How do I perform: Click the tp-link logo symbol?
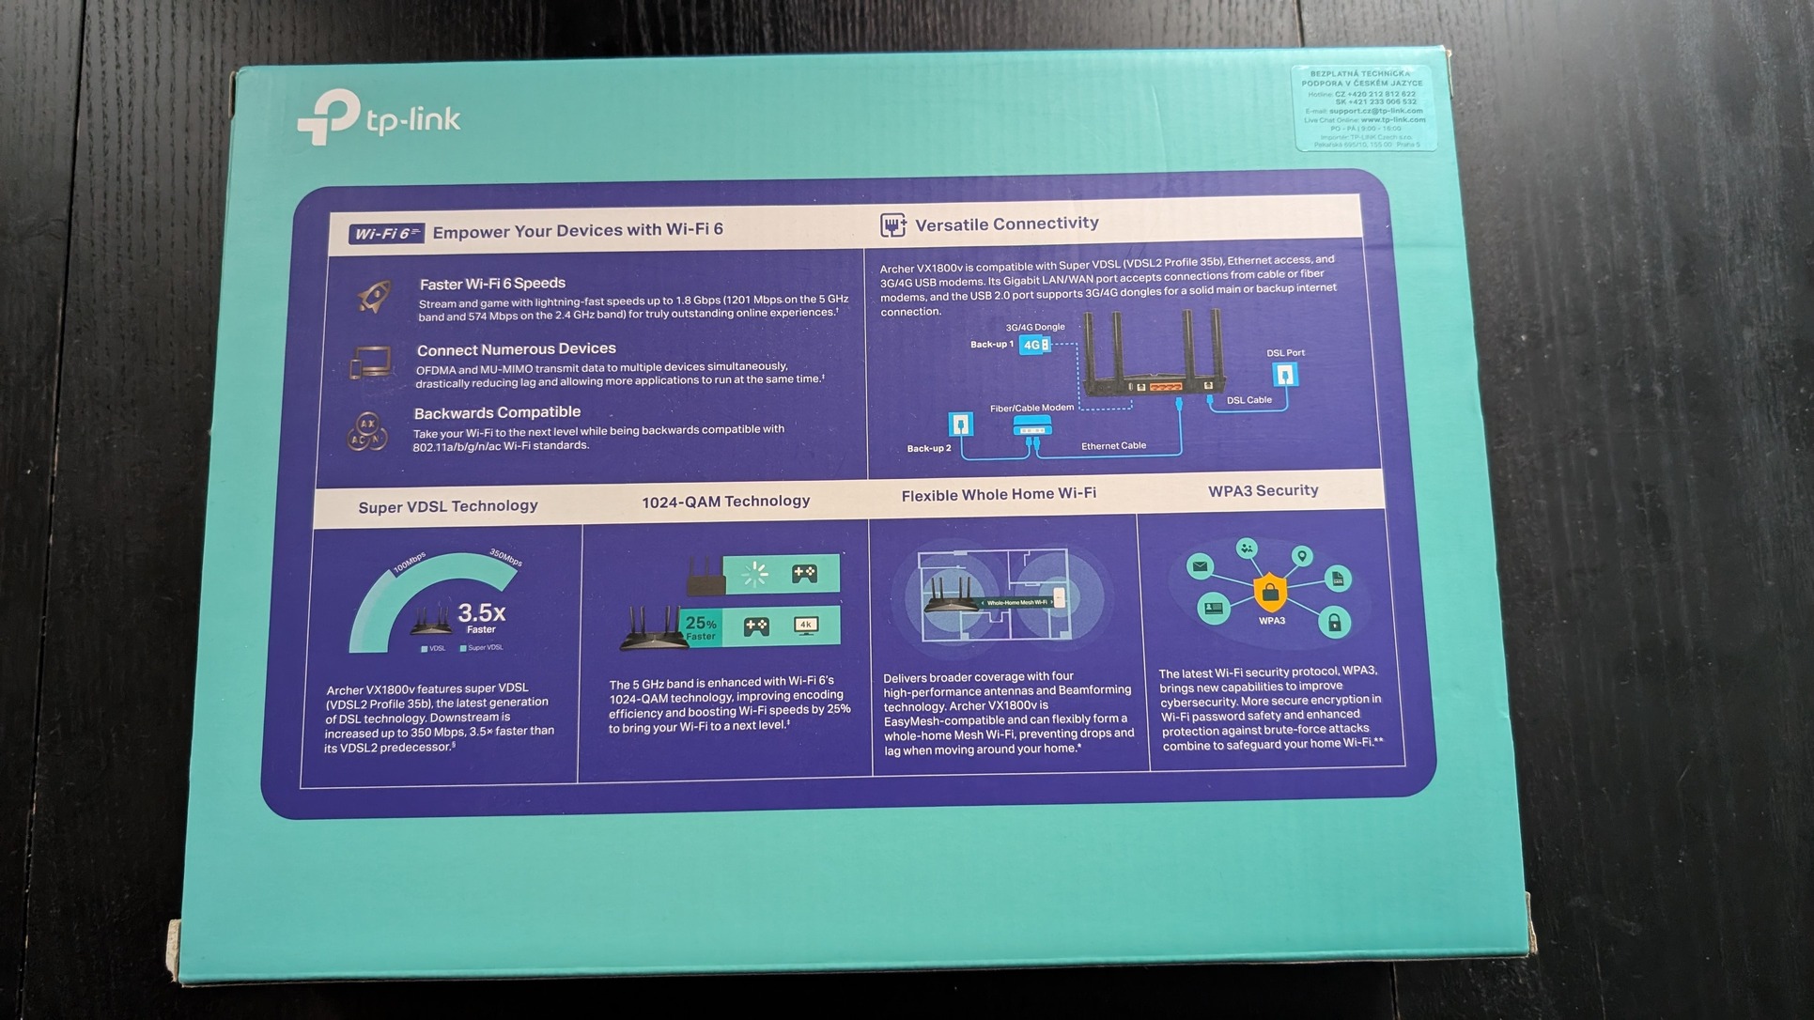[328, 116]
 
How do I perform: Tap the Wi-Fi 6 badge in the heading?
[386, 233]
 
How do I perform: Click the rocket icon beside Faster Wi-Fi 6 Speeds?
[374, 297]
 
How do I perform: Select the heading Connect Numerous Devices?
[516, 349]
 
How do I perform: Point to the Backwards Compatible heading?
[497, 412]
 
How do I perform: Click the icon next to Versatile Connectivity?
[892, 224]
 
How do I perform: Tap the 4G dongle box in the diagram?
[1034, 345]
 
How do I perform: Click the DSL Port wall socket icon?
[1284, 375]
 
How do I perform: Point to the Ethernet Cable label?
[1113, 446]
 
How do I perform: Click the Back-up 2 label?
[928, 449]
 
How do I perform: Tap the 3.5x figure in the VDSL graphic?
[481, 613]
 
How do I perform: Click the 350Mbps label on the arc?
[505, 558]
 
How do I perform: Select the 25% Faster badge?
[701, 626]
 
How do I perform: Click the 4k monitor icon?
[806, 625]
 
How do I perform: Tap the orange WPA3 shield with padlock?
[1270, 592]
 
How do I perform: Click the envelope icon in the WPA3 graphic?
[1200, 565]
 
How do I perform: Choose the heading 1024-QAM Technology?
[725, 502]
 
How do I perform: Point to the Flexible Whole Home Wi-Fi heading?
[999, 494]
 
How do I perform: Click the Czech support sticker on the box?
[1364, 108]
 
